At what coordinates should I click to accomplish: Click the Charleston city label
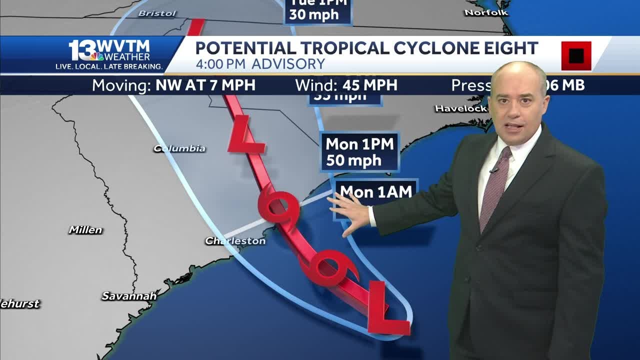(235, 241)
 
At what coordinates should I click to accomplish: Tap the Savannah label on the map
(129, 296)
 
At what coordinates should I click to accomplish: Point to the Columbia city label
(179, 148)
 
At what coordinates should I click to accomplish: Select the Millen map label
(85, 230)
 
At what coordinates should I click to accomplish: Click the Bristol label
(157, 13)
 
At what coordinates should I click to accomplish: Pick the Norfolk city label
(486, 12)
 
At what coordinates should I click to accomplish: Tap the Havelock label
(460, 108)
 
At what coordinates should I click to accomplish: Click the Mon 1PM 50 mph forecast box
(359, 152)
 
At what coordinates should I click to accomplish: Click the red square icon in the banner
(576, 55)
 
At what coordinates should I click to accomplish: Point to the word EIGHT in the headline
(507, 48)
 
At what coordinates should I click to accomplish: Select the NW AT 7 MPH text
(205, 85)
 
